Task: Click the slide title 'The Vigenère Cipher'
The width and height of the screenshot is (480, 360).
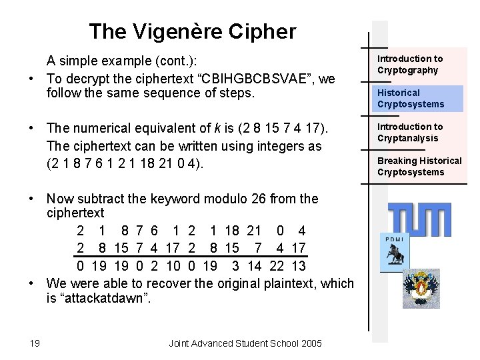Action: pos(193,31)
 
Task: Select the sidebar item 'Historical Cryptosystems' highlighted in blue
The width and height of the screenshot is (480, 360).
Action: pos(411,99)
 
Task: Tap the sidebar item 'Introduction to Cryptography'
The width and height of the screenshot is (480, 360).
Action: pos(410,65)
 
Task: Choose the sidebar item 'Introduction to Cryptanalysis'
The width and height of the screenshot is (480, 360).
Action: pos(410,132)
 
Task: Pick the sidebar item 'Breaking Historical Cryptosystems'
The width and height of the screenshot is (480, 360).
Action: pos(419,166)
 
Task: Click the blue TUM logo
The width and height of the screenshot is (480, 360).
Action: pos(419,219)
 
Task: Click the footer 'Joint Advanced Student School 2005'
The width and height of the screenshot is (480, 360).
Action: pos(245,343)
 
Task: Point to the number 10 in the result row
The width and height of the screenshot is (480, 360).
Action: pos(172,267)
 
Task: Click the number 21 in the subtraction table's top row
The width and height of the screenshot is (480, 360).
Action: pos(253,231)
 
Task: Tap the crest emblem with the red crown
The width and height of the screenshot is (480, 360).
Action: pos(421,288)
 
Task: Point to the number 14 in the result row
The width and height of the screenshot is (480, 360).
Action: pos(254,267)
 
